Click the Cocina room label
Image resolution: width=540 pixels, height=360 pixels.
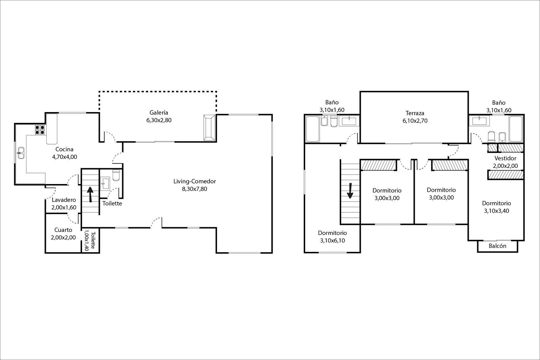pyautogui.click(x=64, y=149)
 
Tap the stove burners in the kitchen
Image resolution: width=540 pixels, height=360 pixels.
pyautogui.click(x=40, y=130)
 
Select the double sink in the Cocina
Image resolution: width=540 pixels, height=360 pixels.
pyautogui.click(x=21, y=153)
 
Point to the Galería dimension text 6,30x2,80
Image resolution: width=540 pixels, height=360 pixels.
pyautogui.click(x=159, y=120)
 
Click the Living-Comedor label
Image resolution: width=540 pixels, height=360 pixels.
pyautogui.click(x=194, y=181)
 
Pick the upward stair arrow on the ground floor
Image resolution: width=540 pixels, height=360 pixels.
pyautogui.click(x=90, y=194)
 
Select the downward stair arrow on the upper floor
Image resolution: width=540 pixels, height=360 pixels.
pyautogui.click(x=350, y=190)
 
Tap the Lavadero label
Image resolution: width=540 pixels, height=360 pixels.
pyautogui.click(x=64, y=200)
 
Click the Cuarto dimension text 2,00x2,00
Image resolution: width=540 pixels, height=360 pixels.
pyautogui.click(x=63, y=237)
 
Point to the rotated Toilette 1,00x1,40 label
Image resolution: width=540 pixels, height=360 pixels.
pyautogui.click(x=90, y=240)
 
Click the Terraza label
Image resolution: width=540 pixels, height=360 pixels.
pyautogui.click(x=415, y=113)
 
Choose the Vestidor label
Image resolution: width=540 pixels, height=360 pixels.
pyautogui.click(x=505, y=158)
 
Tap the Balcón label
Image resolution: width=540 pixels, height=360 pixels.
pyautogui.click(x=497, y=246)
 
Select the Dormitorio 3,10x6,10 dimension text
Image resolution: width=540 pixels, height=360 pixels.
pyautogui.click(x=332, y=240)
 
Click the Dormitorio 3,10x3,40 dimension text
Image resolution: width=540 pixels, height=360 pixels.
pyautogui.click(x=496, y=211)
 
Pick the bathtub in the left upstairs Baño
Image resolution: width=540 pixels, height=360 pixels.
pyautogui.click(x=313, y=129)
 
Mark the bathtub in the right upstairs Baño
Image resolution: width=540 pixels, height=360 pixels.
pyautogui.click(x=516, y=129)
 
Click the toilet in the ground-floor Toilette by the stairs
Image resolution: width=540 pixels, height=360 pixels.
pyautogui.click(x=116, y=175)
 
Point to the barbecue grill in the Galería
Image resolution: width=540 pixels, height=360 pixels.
pyautogui.click(x=209, y=127)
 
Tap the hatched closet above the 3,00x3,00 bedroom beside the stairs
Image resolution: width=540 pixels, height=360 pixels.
pyautogui.click(x=378, y=165)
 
